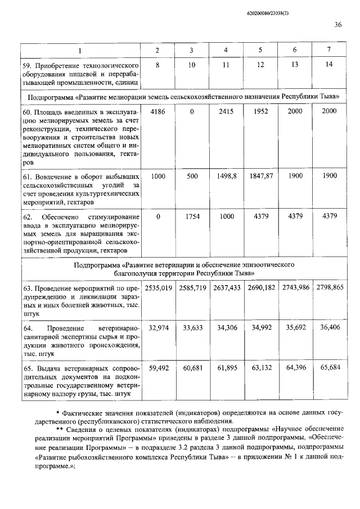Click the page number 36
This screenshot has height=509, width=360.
coord(338,24)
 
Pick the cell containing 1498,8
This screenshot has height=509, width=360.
coord(226,176)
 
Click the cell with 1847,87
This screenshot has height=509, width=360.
coord(260,176)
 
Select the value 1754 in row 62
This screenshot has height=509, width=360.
coord(192,217)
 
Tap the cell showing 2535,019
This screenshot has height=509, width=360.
coord(157,287)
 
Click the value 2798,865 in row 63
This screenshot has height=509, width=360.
coord(330,287)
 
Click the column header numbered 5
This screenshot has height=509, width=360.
coord(260,51)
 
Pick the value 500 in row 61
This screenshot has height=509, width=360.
coord(192,176)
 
